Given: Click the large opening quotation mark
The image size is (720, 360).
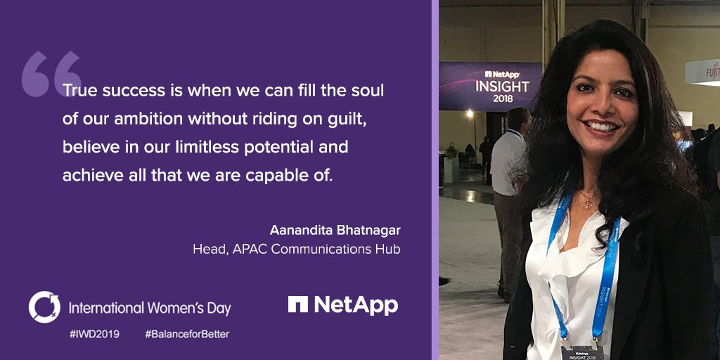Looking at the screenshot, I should (x=51, y=74).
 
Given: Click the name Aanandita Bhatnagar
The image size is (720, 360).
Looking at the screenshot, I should (x=335, y=231).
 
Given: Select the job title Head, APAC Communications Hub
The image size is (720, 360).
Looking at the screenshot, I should (x=296, y=249).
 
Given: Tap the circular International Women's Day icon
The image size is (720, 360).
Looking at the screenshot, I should (x=44, y=307).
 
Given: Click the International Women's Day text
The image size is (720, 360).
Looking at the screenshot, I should (x=149, y=308).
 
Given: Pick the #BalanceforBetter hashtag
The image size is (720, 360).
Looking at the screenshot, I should (x=186, y=334).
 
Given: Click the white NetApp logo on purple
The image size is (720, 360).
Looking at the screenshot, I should (x=342, y=305).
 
